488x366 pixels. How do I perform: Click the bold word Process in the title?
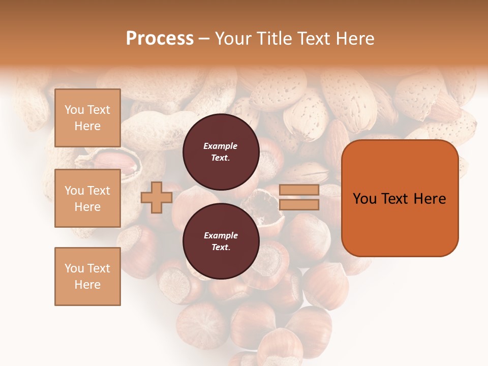(x=160, y=39)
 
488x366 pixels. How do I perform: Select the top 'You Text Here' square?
(x=87, y=118)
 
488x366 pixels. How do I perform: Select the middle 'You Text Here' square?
(x=87, y=198)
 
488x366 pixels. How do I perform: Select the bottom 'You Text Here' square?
(x=87, y=276)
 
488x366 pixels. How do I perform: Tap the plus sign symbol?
(x=157, y=197)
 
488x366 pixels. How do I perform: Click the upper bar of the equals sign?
(x=299, y=190)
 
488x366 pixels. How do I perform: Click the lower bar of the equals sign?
(x=299, y=204)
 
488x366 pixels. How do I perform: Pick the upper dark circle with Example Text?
(x=221, y=151)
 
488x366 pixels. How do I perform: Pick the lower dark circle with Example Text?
(x=221, y=241)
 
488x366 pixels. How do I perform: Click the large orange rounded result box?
(x=400, y=224)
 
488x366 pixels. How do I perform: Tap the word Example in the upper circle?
(x=221, y=146)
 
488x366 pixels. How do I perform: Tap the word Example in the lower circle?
(x=221, y=235)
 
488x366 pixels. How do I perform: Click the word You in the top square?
(x=74, y=110)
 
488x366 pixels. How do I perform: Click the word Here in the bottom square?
(x=87, y=285)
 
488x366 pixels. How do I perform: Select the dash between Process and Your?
(x=204, y=39)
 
